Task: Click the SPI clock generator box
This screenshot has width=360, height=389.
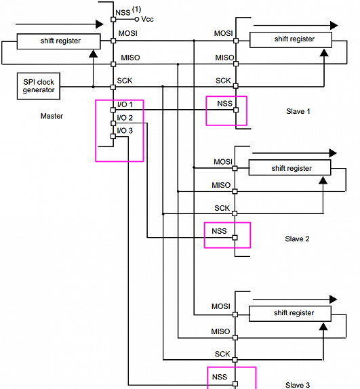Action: tap(39, 86)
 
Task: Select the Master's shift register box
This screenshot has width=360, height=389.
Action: tap(58, 41)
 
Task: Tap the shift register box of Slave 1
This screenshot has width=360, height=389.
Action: tap(291, 40)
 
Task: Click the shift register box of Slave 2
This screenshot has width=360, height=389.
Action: tap(289, 167)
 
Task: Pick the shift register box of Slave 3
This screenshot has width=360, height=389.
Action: tap(290, 314)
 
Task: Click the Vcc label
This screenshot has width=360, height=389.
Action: tap(147, 19)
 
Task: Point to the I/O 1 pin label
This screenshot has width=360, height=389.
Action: tap(125, 104)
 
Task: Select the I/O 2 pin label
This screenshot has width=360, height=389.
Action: tap(125, 118)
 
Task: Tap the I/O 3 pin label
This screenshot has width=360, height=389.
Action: tap(125, 131)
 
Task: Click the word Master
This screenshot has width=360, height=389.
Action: tap(52, 116)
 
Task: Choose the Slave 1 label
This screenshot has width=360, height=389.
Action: tap(298, 111)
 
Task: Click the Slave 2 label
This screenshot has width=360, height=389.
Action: tap(297, 239)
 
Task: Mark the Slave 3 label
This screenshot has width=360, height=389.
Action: tap(298, 385)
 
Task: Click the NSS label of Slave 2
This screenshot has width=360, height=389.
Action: tap(219, 231)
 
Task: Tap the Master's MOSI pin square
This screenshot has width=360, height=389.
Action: tap(113, 41)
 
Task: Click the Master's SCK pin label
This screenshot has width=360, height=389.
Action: tap(125, 81)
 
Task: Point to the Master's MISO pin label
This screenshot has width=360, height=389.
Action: tap(130, 58)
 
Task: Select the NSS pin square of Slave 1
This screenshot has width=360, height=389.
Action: tap(236, 110)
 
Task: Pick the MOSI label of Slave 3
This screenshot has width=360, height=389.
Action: tap(221, 306)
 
